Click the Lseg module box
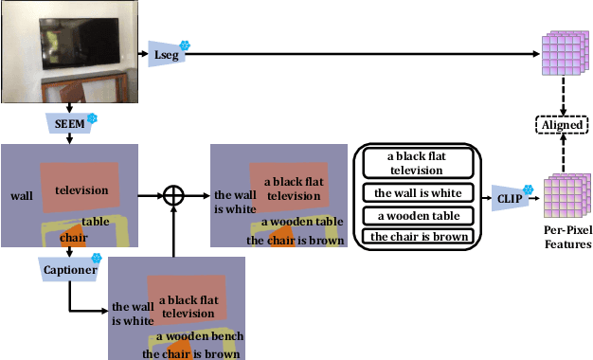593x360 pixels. pos(164,55)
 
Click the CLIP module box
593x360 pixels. pos(509,199)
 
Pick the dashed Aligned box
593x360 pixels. pos(560,124)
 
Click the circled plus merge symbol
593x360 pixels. pos(172,196)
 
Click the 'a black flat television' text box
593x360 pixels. pos(416,164)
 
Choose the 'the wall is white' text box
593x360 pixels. pos(416,192)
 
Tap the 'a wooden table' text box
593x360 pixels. pos(416,215)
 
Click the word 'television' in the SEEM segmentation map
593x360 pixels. pos(81,189)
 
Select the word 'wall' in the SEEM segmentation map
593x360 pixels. pos(21,196)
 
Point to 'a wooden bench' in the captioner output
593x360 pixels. pos(200,336)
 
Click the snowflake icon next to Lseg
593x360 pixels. pos(185,45)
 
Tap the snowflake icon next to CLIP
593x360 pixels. pos(529,189)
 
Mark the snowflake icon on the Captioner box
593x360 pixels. pos(96,258)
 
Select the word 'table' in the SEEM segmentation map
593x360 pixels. pos(107,222)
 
